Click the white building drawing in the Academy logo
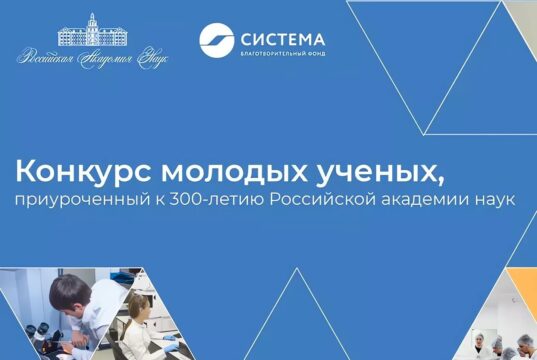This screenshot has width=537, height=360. (x=93, y=33)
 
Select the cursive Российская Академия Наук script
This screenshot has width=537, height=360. (x=93, y=59)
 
